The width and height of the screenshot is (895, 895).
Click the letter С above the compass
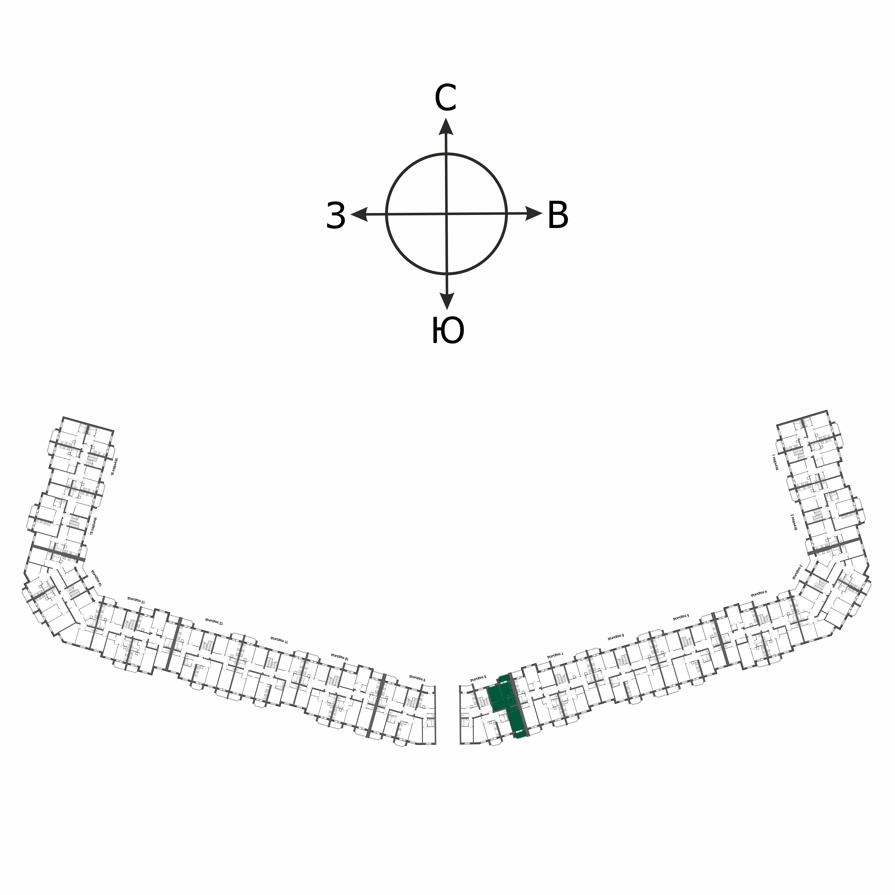446,98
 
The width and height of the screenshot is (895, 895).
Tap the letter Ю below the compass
447,331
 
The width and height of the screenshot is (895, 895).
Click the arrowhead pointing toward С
446,126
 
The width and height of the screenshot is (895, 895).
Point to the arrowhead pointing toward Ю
447,301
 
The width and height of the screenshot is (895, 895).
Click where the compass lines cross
447,214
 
